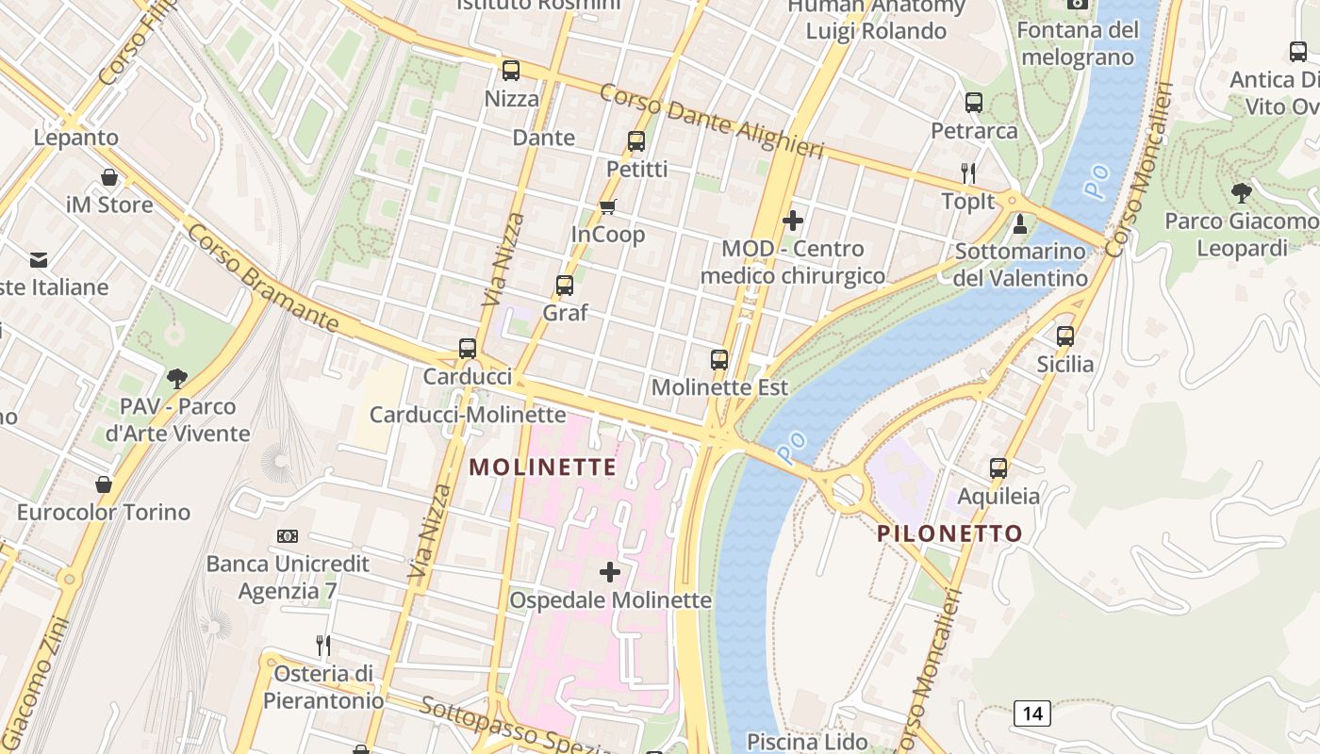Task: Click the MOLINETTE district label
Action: [543, 467]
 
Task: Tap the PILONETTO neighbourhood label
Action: [949, 533]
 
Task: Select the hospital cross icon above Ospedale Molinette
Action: [610, 571]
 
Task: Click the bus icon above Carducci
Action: [468, 348]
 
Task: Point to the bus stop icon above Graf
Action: [565, 285]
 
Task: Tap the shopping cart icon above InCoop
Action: [608, 206]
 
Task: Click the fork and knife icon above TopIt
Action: [967, 172]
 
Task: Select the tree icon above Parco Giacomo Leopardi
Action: [1242, 193]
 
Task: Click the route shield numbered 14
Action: [1032, 713]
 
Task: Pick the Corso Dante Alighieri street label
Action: [711, 122]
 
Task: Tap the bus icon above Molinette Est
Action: [719, 359]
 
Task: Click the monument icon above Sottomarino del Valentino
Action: [1019, 224]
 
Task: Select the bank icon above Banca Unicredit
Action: [288, 536]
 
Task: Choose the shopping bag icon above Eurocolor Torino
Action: [104, 484]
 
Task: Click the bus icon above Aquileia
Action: [998, 467]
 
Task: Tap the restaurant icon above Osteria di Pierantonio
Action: [323, 646]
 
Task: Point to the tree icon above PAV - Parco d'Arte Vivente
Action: [176, 379]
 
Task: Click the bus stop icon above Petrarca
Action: [974, 103]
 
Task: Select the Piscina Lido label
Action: [807, 742]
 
